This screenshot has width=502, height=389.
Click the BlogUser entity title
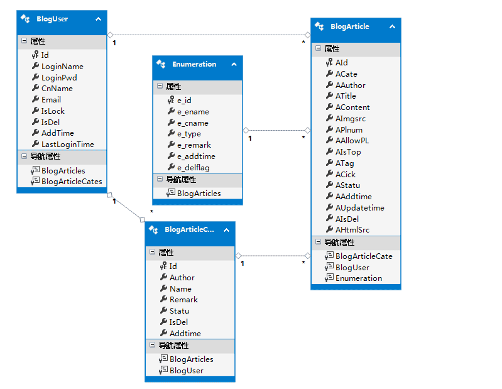(53, 19)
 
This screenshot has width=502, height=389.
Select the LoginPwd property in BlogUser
(58, 77)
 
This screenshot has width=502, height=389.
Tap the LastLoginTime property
(67, 144)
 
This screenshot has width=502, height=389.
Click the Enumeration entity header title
(194, 64)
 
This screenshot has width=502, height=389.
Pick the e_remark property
(194, 145)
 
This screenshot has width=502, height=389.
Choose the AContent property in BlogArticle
(352, 107)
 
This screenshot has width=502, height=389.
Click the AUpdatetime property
(359, 207)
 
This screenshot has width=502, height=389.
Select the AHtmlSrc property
(352, 230)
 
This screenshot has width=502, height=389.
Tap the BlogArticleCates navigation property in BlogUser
(71, 181)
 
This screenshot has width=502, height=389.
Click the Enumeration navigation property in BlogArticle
(358, 278)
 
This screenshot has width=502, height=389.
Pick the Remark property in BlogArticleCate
(183, 300)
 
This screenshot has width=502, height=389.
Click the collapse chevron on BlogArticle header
(392, 27)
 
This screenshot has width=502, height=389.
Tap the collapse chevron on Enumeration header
(234, 64)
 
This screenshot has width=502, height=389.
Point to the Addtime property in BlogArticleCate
(185, 333)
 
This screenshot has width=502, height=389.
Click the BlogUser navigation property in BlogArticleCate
(186, 370)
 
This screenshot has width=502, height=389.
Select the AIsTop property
(347, 152)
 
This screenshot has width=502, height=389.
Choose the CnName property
(57, 89)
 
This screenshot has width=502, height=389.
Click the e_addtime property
(195, 156)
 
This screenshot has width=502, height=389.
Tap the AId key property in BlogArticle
(341, 63)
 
